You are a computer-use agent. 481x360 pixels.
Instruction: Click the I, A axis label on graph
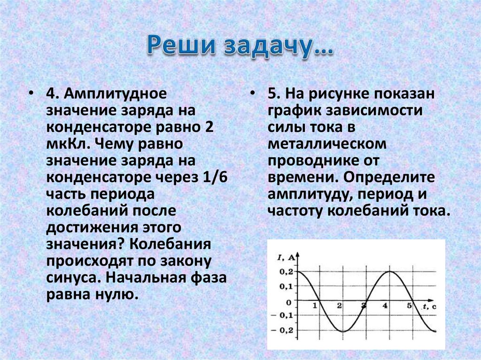click(286, 256)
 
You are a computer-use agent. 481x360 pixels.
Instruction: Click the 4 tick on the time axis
click(385, 306)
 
